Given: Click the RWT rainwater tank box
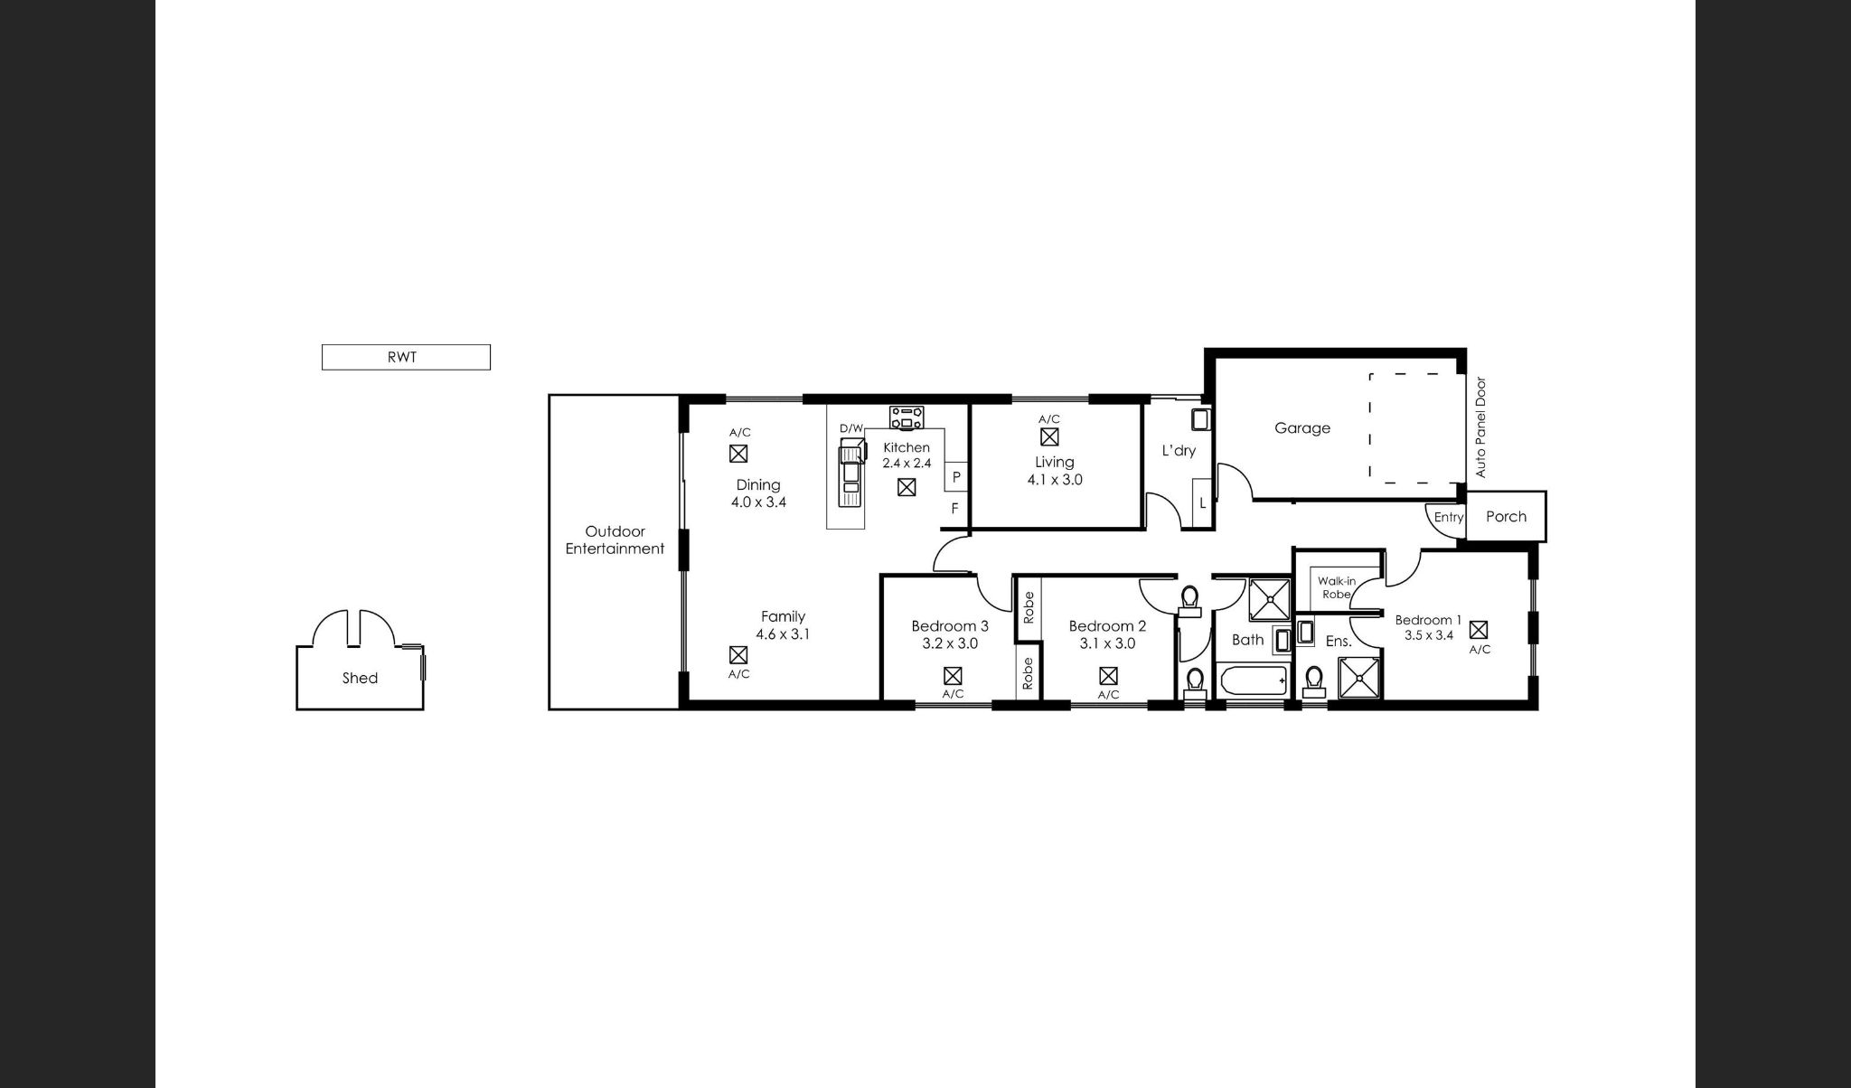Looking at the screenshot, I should (x=406, y=357).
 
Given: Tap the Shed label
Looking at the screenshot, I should (x=360, y=678).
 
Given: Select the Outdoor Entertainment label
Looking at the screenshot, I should (x=615, y=540).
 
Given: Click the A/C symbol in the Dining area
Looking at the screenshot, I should (x=738, y=454).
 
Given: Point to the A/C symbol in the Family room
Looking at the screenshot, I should (x=738, y=654).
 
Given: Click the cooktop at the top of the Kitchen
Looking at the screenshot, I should (x=907, y=417).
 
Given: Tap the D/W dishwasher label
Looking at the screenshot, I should (x=851, y=428).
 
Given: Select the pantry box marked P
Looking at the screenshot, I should (x=956, y=476).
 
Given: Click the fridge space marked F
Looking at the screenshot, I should (x=955, y=510).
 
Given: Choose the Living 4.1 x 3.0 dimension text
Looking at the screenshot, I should (x=1055, y=480).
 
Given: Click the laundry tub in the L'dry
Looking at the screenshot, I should (x=1200, y=420).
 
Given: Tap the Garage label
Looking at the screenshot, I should (x=1302, y=428).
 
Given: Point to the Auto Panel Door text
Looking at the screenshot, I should (x=1480, y=427).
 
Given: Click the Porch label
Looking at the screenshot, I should (x=1506, y=517).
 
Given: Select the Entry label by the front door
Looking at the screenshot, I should (x=1448, y=518).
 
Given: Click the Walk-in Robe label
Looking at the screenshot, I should (x=1336, y=587).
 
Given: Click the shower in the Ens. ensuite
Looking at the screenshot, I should (x=1359, y=678).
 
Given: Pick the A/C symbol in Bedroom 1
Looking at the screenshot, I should (x=1479, y=630).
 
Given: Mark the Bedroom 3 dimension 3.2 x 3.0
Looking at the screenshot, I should (x=950, y=643).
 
